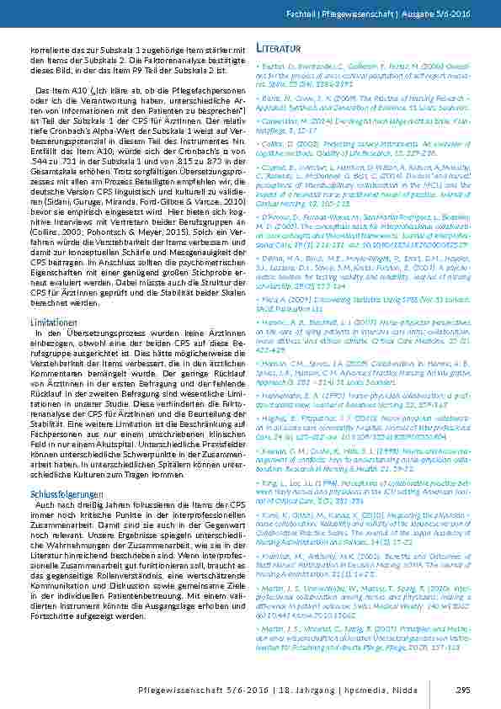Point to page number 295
click(x=461, y=690)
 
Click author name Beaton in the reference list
click(x=269, y=63)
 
